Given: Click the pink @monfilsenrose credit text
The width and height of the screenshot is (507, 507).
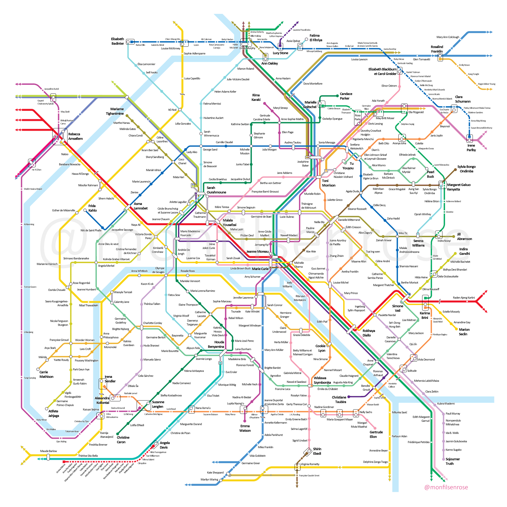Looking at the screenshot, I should [446, 487].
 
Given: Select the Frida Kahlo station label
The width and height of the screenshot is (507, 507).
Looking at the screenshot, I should [92, 208].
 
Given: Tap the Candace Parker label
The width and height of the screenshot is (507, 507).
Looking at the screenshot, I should [346, 96].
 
